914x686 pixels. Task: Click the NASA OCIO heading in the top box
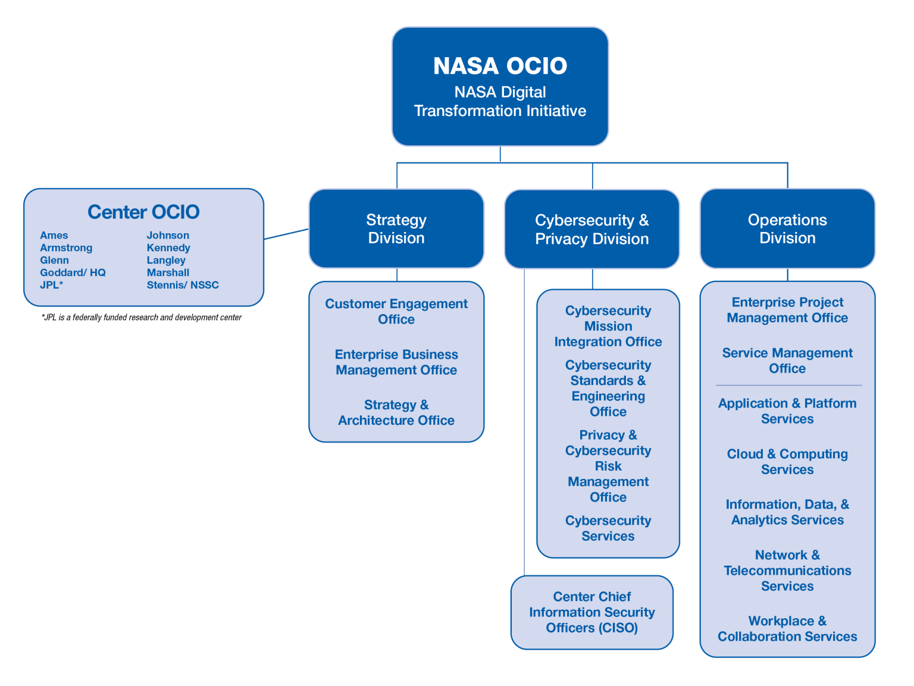pos(500,66)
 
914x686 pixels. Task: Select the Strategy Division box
pos(396,228)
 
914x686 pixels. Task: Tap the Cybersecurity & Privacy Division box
pos(591,229)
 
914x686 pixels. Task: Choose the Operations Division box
pos(787,228)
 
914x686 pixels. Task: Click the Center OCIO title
pos(143,212)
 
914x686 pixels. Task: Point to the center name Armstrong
pos(66,248)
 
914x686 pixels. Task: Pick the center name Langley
pos(166,260)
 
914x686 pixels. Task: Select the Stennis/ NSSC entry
pos(183,285)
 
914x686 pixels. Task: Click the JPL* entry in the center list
pos(52,285)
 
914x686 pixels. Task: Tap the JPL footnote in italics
pos(142,317)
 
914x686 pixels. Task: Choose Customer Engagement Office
pos(396,311)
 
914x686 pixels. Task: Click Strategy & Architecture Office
pos(396,412)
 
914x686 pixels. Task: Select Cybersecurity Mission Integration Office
pos(608,326)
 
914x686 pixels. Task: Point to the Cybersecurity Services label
pos(608,528)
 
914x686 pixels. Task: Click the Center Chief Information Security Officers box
pos(591,612)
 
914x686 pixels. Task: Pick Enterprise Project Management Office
pos(787,310)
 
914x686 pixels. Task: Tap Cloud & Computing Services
pos(787,461)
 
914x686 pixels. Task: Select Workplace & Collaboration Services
pos(787,628)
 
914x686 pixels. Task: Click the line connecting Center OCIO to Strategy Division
pos(286,234)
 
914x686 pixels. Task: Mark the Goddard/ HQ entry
pos(73,272)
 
